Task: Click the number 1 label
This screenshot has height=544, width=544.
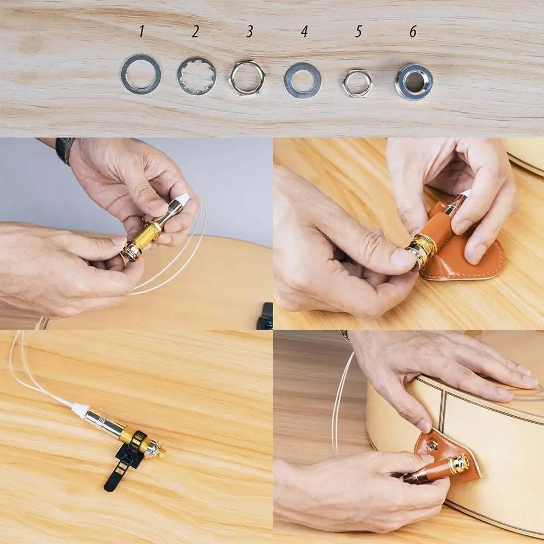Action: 141,32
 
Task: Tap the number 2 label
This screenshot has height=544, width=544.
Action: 195,32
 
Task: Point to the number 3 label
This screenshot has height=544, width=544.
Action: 250,32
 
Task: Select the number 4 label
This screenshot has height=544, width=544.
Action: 304,32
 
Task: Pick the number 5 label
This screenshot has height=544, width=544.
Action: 358,32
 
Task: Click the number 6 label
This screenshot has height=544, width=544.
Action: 413,32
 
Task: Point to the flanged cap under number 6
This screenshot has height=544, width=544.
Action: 414,82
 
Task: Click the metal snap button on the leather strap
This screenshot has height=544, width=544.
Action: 432,445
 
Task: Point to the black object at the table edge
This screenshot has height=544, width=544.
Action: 265,317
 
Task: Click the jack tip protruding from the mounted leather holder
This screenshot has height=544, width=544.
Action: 459,463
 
